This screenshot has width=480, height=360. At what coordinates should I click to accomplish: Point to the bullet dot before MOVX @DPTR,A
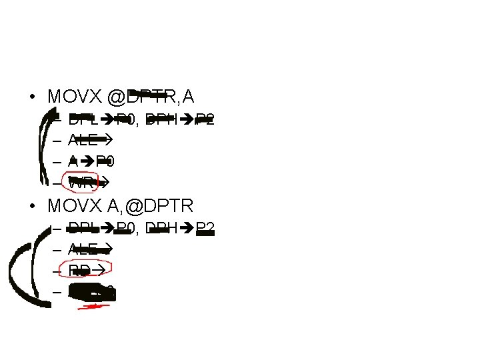tap(32, 97)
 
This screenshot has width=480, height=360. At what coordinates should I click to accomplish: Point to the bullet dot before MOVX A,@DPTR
tap(32, 205)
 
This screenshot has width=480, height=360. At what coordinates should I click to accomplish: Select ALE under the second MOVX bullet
tap(81, 249)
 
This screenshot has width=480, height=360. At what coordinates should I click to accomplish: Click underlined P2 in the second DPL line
tap(205, 229)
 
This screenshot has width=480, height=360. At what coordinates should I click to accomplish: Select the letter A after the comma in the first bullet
tap(188, 97)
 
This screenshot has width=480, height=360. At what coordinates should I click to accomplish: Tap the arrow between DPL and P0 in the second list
tap(107, 229)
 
